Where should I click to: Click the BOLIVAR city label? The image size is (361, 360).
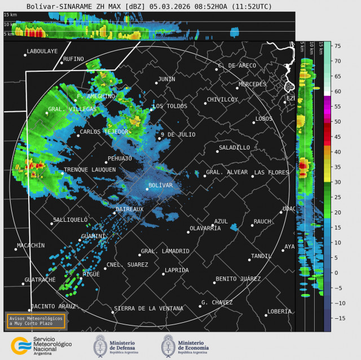(160, 185)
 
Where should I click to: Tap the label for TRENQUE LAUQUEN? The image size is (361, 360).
(90, 169)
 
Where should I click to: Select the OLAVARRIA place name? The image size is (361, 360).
(205, 228)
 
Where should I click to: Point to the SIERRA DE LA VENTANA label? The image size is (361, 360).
(148, 309)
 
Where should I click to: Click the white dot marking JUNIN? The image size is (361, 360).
(156, 83)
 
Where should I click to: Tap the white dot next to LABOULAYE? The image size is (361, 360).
(25, 55)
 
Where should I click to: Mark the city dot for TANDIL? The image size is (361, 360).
(249, 260)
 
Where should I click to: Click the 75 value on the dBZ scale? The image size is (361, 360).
(337, 46)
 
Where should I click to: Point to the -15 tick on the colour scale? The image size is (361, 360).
(337, 318)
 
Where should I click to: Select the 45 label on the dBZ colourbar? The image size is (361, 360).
(337, 137)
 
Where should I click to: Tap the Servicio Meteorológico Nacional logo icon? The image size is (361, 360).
(21, 345)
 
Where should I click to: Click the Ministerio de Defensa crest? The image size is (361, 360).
(101, 345)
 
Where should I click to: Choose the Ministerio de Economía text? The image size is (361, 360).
(193, 345)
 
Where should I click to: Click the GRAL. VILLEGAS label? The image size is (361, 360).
(64, 109)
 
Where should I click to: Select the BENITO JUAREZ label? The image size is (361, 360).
(238, 279)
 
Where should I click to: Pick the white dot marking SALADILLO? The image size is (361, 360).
(218, 151)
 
